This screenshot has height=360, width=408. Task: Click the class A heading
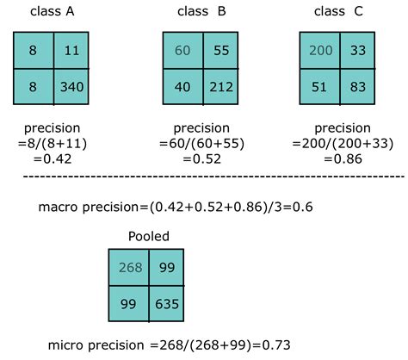point(50,12)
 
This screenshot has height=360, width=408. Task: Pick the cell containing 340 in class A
point(71,86)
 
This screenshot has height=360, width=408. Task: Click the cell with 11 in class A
point(71,50)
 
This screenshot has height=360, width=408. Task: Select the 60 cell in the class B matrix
point(182,50)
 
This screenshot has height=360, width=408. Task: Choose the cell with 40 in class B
point(182,86)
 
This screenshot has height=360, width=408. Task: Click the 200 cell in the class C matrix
point(320,50)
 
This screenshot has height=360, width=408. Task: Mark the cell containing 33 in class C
point(358,50)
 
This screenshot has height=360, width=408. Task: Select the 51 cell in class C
point(320,86)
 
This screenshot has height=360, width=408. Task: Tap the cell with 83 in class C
point(358,86)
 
